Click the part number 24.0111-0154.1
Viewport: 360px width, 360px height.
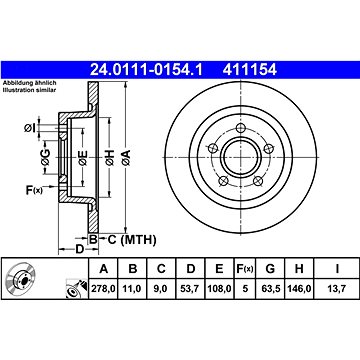[x=146, y=70]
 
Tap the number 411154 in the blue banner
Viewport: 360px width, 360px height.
[x=250, y=70]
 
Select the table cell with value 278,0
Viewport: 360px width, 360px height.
[x=104, y=288]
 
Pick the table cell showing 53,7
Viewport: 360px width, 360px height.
[x=190, y=288]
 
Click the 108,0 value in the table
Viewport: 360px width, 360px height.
[x=219, y=288]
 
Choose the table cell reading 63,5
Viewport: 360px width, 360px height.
[x=270, y=288]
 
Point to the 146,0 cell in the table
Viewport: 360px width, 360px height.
[x=299, y=288]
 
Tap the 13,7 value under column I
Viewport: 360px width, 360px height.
[x=337, y=288]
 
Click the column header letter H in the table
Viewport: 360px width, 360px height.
[x=299, y=268]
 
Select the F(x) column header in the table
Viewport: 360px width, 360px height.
[x=245, y=268]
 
